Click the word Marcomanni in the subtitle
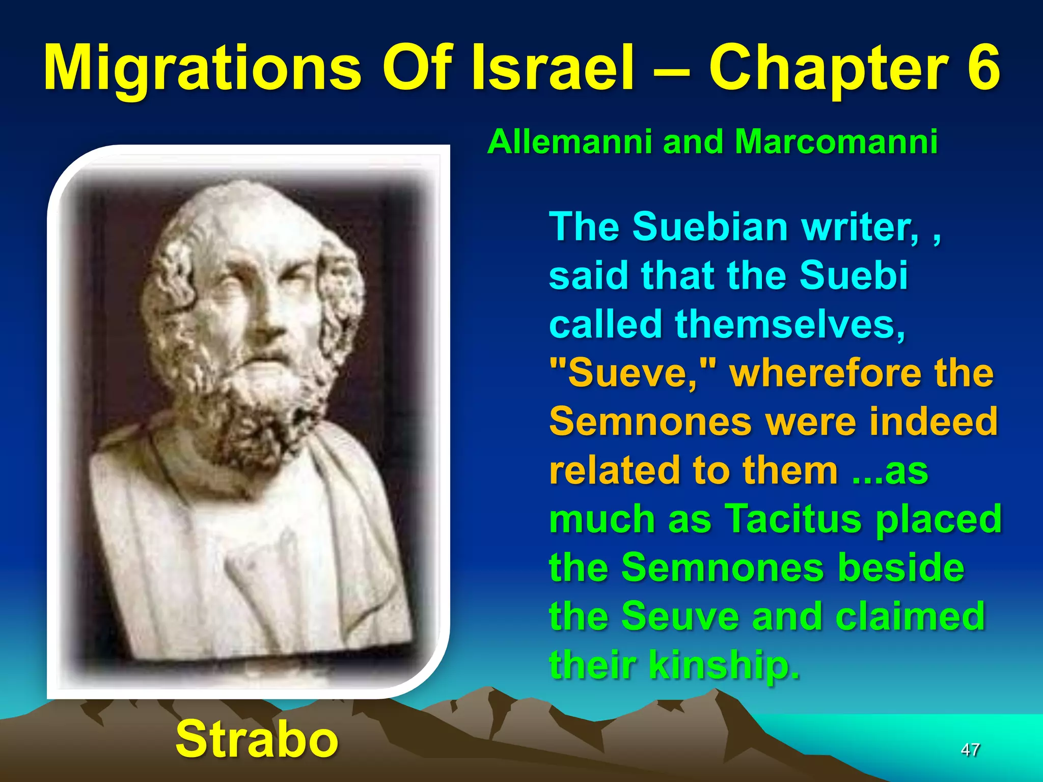click(x=836, y=142)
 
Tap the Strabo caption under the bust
click(x=257, y=739)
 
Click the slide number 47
click(x=970, y=749)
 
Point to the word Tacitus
click(x=792, y=519)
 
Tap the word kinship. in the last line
click(x=724, y=665)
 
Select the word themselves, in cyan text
click(x=790, y=324)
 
